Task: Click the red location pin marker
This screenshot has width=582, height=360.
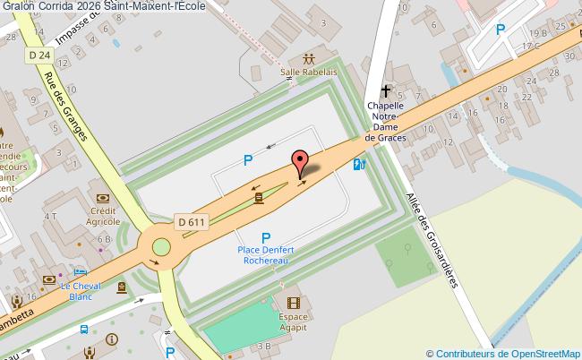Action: pyautogui.click(x=299, y=162)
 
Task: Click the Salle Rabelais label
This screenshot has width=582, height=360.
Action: pyautogui.click(x=309, y=72)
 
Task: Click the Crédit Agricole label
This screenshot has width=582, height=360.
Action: pyautogui.click(x=104, y=215)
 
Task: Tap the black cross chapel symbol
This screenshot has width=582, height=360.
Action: pyautogui.click(x=387, y=90)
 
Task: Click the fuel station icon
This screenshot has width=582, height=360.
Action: pyautogui.click(x=359, y=164)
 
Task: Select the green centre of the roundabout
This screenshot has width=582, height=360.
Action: pyautogui.click(x=161, y=247)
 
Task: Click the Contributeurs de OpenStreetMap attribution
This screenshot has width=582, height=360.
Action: pyautogui.click(x=503, y=352)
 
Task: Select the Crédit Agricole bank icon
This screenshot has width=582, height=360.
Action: pyautogui.click(x=103, y=198)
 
